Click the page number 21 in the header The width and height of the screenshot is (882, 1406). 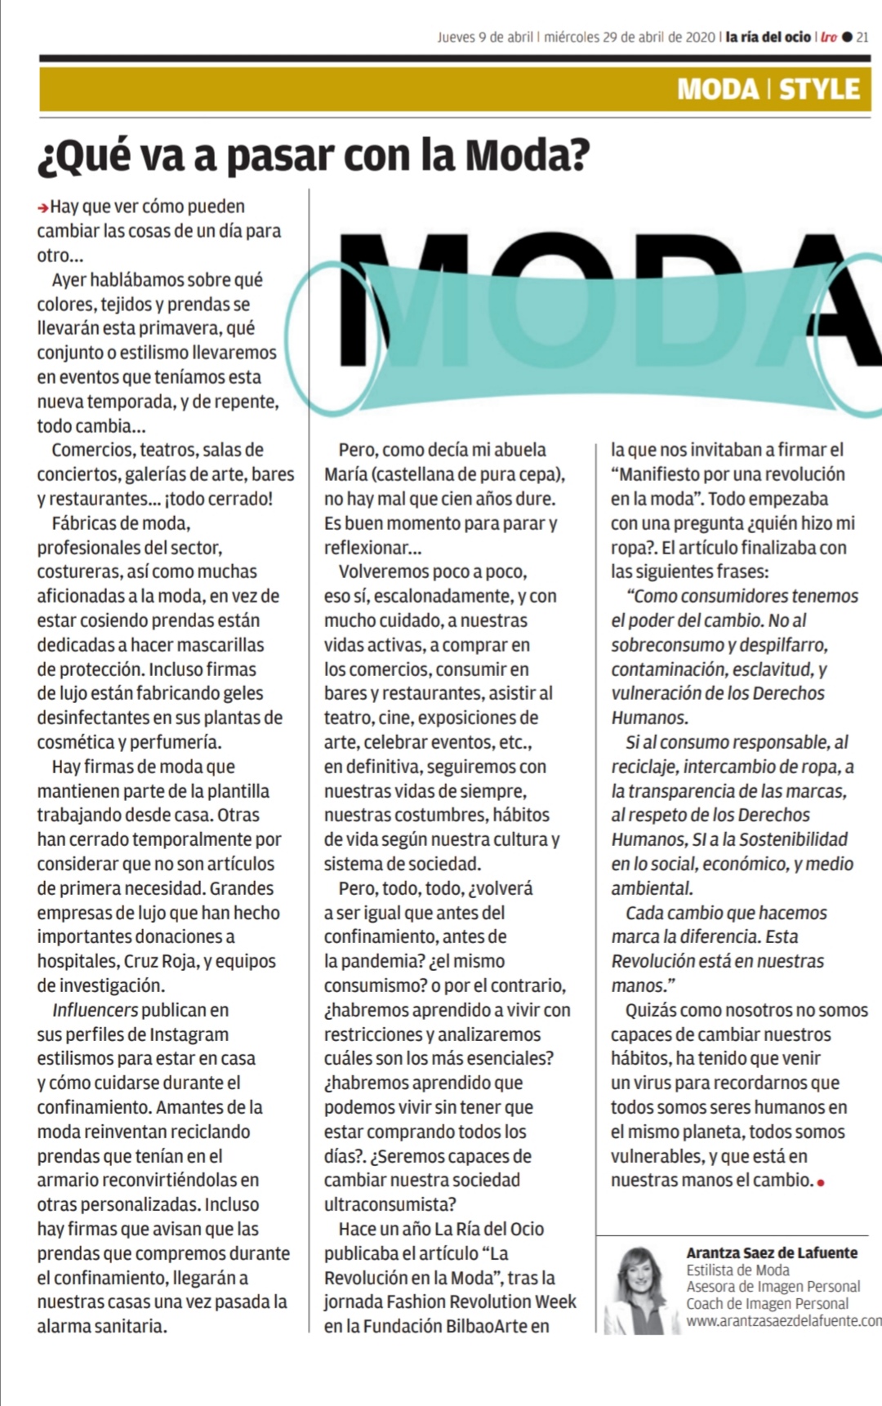[x=862, y=37]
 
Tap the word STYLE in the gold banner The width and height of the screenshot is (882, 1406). [x=819, y=89]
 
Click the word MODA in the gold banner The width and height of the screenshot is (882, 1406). [x=718, y=89]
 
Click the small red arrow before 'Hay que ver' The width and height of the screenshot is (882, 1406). [x=42, y=208]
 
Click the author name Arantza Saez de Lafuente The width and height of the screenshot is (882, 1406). [x=772, y=1252]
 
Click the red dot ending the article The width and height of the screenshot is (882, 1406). [x=820, y=1182]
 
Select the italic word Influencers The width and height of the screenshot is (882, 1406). [x=95, y=1010]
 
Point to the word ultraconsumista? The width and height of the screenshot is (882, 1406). [x=390, y=1204]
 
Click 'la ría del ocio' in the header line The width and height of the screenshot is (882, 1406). [x=768, y=37]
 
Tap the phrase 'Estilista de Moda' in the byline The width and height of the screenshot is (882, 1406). [x=737, y=1270]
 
